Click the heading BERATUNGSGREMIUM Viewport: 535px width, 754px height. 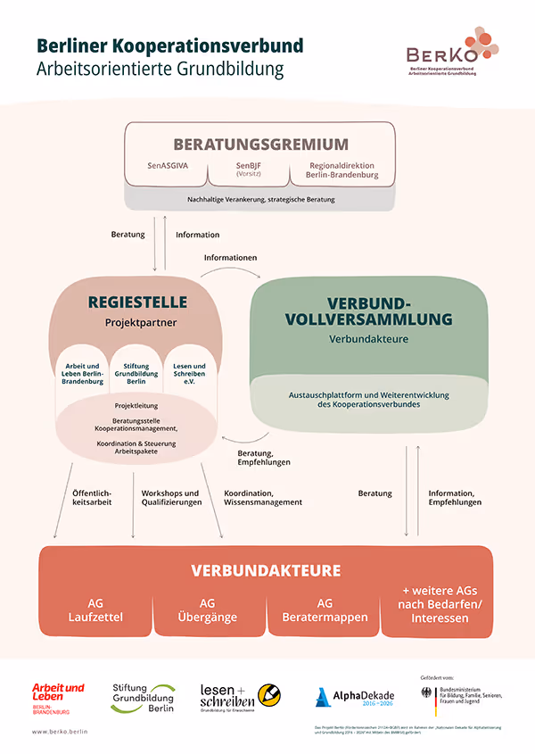point(260,145)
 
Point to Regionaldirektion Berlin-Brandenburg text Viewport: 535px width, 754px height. point(342,170)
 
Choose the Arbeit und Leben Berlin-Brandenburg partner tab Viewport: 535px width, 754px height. point(83,372)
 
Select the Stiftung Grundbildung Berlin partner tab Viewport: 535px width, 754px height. point(136,372)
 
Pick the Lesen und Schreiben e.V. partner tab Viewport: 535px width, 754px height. point(189,372)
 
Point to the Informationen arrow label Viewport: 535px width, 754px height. point(230,258)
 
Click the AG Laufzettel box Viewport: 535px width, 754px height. point(95,609)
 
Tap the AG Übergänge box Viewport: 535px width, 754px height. point(208,609)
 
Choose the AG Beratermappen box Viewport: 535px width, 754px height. point(325,609)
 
